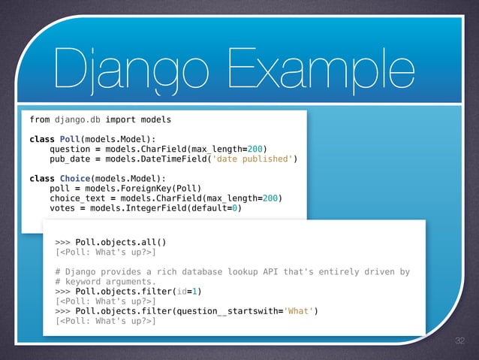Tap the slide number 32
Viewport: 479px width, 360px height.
coord(461,341)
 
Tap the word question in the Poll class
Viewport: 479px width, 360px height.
coord(70,149)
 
